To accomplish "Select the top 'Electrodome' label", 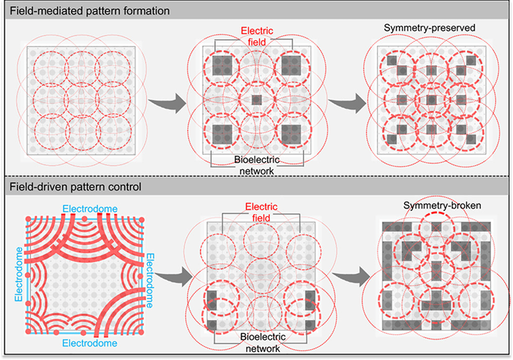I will click(x=90, y=209).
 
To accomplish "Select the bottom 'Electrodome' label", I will click(x=90, y=343).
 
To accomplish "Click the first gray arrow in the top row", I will click(x=167, y=101).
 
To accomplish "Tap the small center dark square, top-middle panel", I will click(x=256, y=99).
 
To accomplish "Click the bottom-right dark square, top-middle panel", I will click(x=290, y=133).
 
